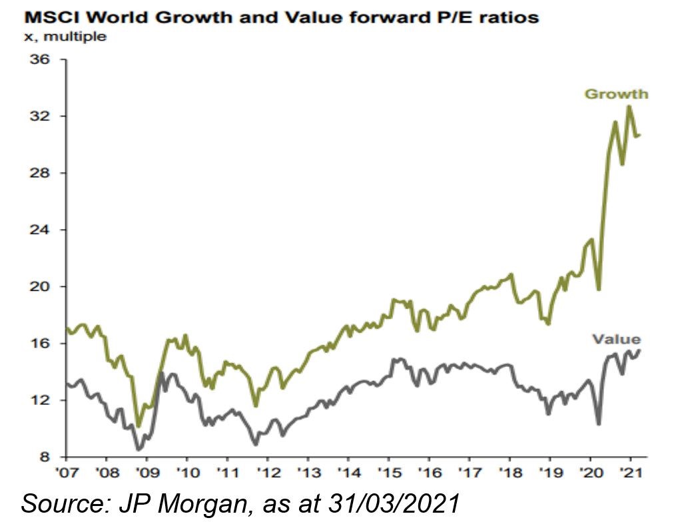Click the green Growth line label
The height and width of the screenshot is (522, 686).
(616, 94)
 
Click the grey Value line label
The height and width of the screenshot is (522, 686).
(617, 340)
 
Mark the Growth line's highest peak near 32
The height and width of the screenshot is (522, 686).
(629, 106)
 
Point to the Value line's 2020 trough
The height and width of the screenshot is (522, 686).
(599, 424)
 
